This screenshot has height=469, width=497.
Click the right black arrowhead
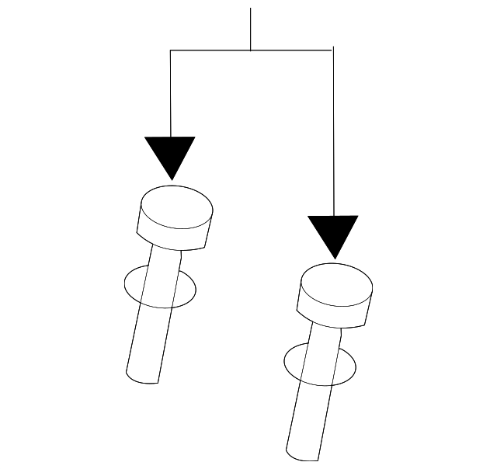[333, 231]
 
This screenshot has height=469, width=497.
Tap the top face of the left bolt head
[176, 207]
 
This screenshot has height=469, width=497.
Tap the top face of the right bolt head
[336, 284]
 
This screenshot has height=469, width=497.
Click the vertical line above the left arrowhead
[170, 93]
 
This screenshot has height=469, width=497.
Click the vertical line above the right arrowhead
[333, 132]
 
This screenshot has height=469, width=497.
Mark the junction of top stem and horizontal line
[250, 50]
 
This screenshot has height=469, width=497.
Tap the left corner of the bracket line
[170, 50]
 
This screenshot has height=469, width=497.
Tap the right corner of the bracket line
[333, 50]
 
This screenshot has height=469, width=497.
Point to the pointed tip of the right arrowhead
[334, 258]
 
